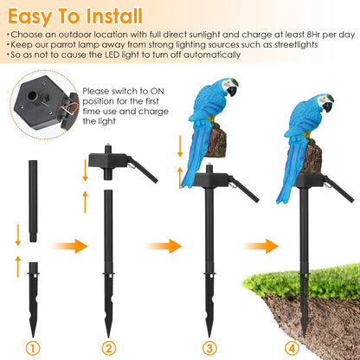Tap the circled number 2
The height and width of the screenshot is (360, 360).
108,349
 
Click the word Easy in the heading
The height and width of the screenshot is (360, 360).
33,16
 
